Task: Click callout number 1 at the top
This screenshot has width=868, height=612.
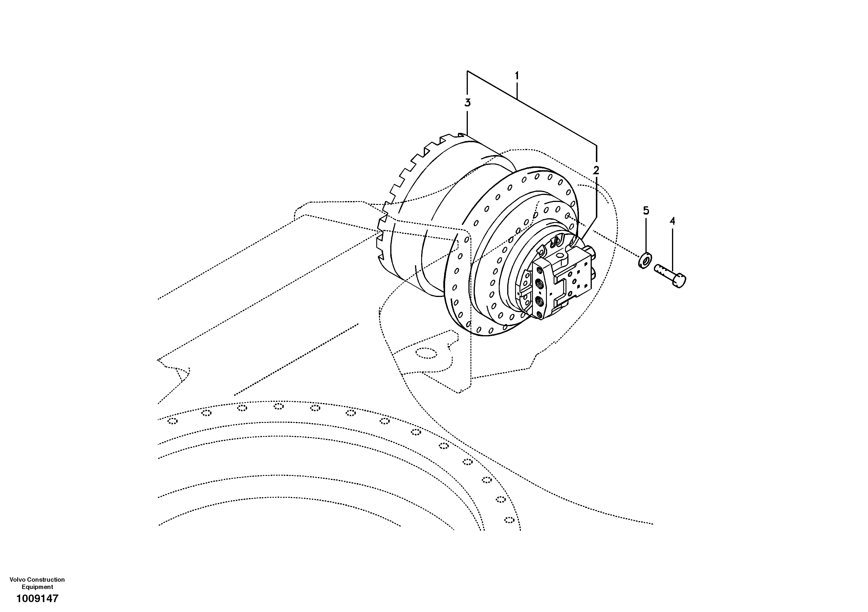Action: [x=517, y=76]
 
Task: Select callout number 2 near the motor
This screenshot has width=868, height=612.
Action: [x=596, y=170]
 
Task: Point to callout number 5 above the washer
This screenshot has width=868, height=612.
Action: [x=646, y=210]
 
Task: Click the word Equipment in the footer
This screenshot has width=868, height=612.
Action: [x=37, y=587]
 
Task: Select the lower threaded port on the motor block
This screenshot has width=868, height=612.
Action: [x=539, y=301]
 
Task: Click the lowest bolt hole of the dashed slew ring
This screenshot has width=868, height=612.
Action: [x=509, y=520]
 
